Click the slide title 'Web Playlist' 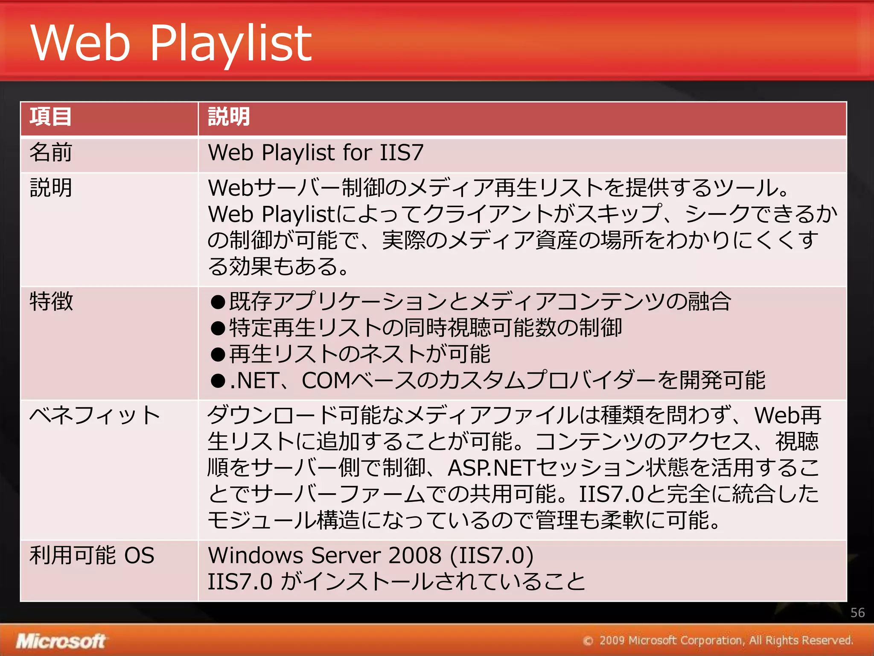pos(171,43)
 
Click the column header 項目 pos(50,117)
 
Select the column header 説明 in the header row pos(229,117)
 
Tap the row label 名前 pos(51,152)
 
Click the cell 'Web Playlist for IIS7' pos(316,152)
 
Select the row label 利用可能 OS pos(92,556)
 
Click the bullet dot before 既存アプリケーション pos(218,302)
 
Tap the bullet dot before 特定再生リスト pos(218,328)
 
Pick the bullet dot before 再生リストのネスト pos(218,354)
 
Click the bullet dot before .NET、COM pos(218,381)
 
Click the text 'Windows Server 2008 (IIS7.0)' pos(370,556)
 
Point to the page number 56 pos(857,613)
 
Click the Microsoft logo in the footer pos(61,641)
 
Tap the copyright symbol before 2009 pos(588,641)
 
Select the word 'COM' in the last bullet pos(326,381)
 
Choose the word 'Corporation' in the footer pos(711,640)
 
